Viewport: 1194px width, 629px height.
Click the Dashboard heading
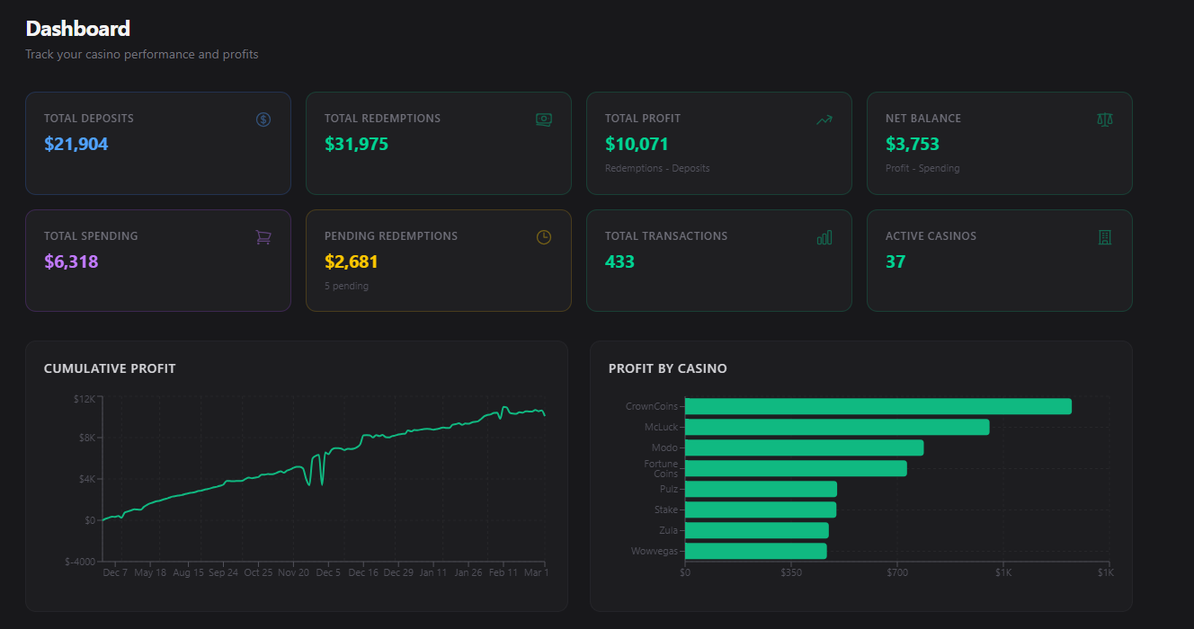point(78,29)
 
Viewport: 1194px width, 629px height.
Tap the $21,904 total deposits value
point(76,144)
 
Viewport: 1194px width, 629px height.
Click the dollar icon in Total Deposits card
point(263,120)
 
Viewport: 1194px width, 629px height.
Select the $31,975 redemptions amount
point(356,144)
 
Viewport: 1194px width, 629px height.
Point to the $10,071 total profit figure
point(637,144)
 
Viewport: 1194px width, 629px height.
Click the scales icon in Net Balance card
point(1105,120)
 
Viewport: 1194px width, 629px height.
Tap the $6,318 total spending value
point(71,261)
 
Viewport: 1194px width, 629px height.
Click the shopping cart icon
point(263,237)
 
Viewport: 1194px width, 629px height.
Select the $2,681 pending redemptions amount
point(352,261)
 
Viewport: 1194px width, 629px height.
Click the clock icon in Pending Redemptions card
point(544,237)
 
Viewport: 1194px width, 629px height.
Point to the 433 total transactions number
point(619,261)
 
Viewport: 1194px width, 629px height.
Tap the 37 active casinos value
point(895,261)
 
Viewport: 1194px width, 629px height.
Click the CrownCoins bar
point(878,406)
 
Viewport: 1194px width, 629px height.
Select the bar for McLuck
point(836,427)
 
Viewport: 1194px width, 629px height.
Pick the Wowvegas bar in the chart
point(755,551)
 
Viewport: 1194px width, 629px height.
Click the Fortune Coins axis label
point(661,468)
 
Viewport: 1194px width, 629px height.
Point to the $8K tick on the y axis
point(85,438)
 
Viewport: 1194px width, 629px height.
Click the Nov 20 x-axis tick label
point(293,572)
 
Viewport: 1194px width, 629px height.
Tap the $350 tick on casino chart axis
point(791,572)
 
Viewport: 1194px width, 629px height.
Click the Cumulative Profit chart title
point(110,368)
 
